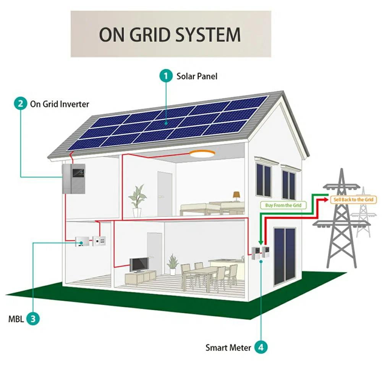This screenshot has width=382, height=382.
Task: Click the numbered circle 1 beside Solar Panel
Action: pos(166,76)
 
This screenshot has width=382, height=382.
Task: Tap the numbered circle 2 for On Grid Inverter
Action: pos(20,104)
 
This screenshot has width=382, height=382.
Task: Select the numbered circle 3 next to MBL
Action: pos(33,319)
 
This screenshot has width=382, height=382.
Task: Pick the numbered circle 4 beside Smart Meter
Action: pos(261,348)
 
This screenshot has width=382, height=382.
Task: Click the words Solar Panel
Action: pos(197,76)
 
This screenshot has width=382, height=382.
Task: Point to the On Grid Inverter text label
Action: pos(59,104)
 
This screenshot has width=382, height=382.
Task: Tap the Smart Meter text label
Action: pos(228,348)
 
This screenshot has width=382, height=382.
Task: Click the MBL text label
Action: pos(16,319)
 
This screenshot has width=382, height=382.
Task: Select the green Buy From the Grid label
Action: pos(283,205)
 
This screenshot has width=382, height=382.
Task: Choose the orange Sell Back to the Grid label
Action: pos(353,199)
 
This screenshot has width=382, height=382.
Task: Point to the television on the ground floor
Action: pos(139,264)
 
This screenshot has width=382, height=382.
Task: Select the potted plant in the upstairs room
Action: pos(137,200)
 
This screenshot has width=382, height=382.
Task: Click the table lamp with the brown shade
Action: pos(236,195)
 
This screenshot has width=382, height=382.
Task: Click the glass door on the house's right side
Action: pos(284,256)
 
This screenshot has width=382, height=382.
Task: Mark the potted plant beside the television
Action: pos(173,263)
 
